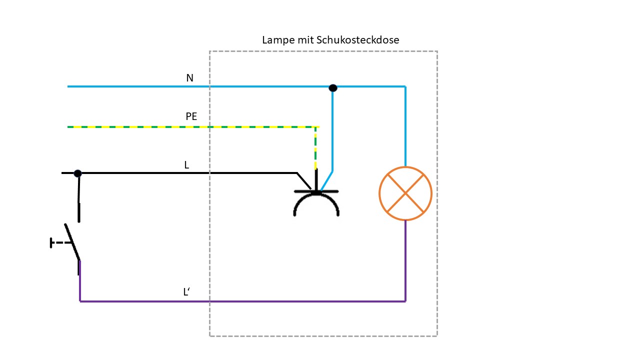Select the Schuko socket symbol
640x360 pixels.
point(316,200)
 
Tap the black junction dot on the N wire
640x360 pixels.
point(333,88)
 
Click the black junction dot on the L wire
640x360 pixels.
point(77,173)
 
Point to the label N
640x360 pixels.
point(189,78)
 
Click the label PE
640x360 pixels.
point(191,116)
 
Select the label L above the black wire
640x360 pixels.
point(186,164)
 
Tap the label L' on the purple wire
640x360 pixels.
point(186,292)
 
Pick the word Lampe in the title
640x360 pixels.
point(276,40)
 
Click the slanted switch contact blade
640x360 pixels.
point(72,242)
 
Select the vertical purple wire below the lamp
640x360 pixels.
point(405,260)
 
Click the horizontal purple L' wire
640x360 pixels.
point(240,301)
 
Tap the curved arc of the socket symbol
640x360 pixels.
point(316,200)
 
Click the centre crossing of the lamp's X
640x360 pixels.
point(405,193)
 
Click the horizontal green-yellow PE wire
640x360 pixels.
point(190,127)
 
